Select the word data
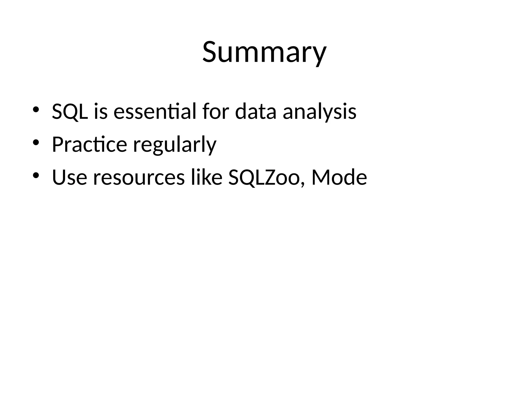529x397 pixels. coord(255,111)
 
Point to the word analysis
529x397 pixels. coord(320,112)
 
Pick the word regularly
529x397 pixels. coord(175,145)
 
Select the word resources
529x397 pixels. coord(139,178)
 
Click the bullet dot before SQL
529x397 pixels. coord(36,109)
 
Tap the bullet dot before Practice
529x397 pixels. coord(36,142)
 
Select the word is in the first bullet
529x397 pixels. coord(100,111)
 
